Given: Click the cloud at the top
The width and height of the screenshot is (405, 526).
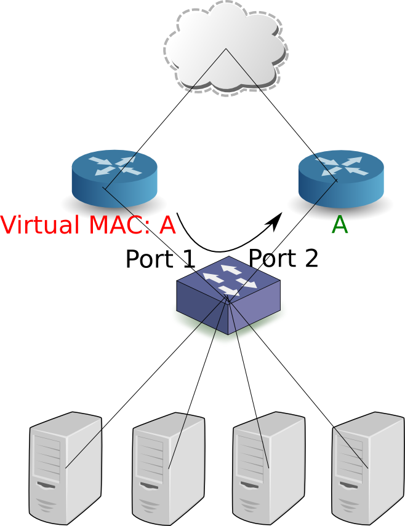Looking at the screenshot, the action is click(226, 49).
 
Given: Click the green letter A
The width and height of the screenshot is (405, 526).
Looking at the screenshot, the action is click(340, 225).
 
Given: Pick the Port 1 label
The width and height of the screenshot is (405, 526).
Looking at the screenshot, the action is click(160, 258).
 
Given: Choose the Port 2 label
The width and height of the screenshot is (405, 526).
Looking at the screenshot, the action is click(283, 258).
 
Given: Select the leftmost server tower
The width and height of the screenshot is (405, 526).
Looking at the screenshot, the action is click(65, 468).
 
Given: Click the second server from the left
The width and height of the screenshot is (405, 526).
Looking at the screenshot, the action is click(168, 469).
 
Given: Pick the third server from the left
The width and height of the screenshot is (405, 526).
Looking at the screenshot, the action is click(269, 469).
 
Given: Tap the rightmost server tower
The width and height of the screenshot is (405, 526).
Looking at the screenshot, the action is click(368, 469).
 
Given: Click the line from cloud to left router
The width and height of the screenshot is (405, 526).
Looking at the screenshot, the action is click(165, 119).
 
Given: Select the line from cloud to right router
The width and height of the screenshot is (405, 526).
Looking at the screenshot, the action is click(281, 114).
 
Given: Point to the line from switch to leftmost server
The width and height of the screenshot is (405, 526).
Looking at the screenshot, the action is click(146, 382).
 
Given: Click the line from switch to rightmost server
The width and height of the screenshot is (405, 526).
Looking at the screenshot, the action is click(298, 382).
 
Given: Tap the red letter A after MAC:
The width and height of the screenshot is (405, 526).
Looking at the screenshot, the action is click(167, 225).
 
